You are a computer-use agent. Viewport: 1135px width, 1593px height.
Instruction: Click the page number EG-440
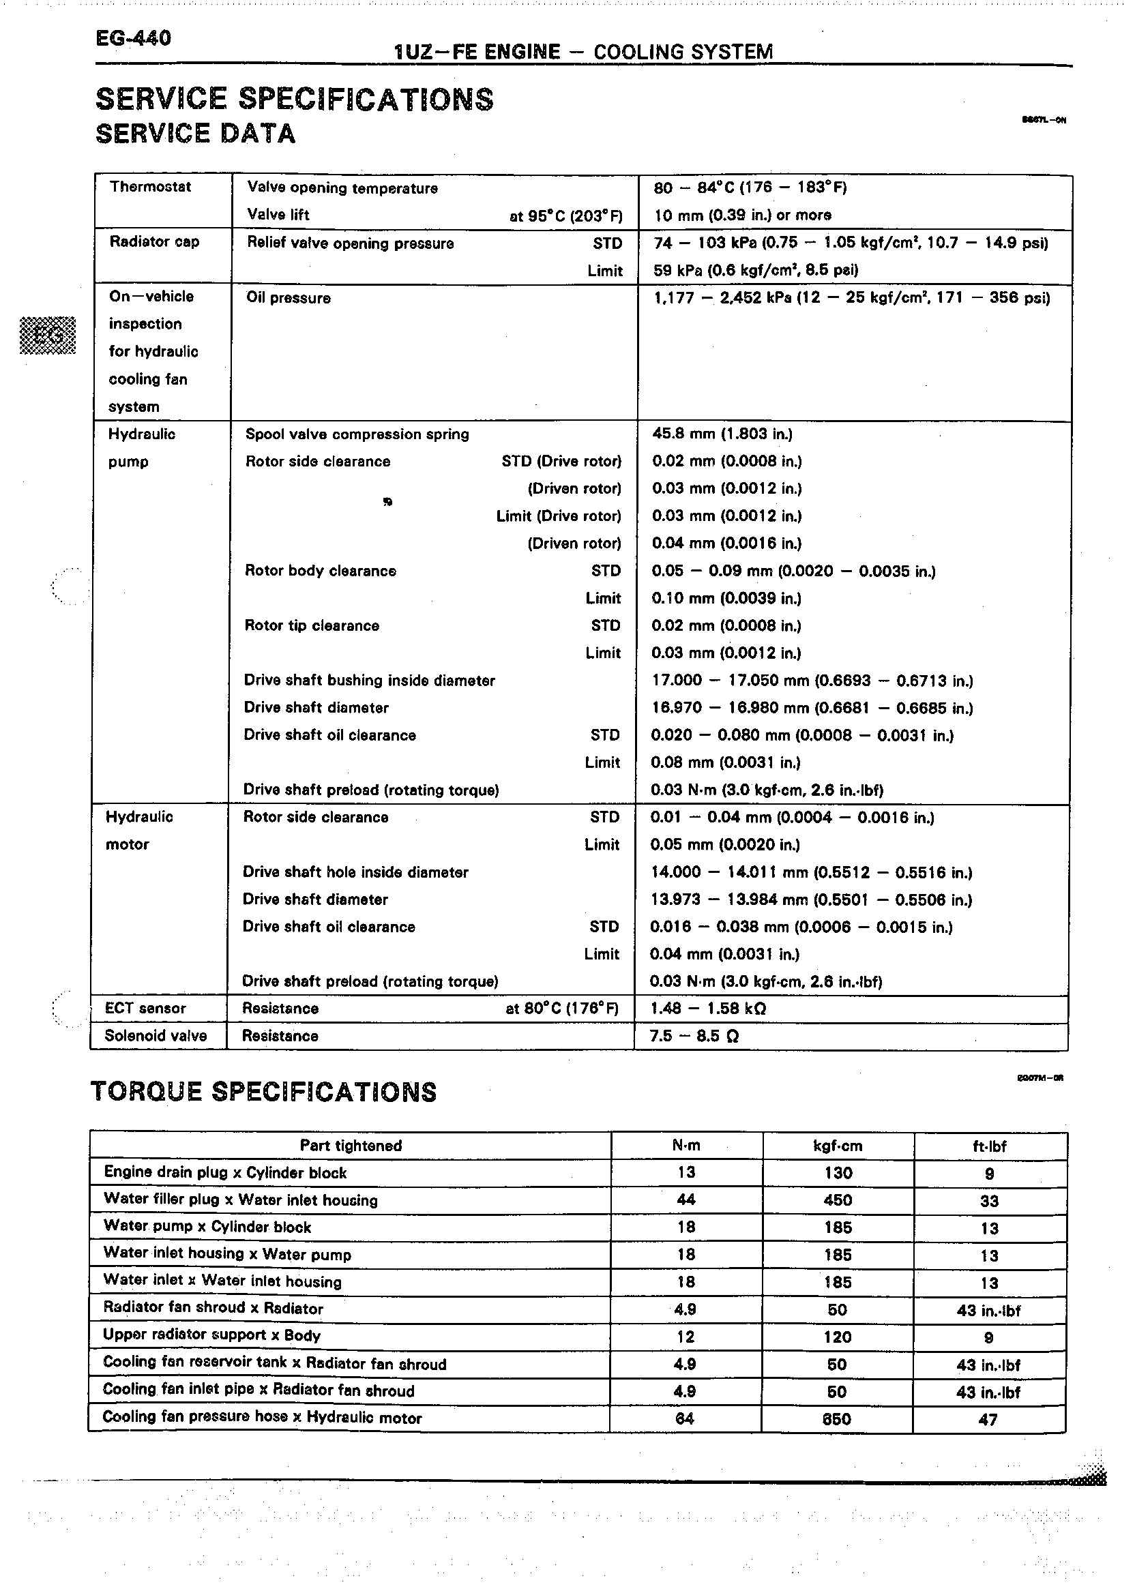click(133, 38)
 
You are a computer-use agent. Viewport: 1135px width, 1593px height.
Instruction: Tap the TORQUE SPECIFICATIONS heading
click(263, 1091)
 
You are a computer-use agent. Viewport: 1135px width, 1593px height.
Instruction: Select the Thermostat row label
click(150, 187)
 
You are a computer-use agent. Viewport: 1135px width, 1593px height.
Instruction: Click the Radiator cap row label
click(154, 241)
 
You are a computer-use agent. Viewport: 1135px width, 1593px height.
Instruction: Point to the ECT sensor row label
click(145, 1008)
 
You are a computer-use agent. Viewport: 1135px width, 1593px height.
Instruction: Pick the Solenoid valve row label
click(155, 1035)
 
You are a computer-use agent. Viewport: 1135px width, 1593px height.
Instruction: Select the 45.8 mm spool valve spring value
click(722, 434)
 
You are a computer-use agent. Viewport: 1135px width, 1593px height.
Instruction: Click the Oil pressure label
click(288, 298)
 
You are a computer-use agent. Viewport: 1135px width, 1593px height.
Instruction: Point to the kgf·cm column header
click(838, 1146)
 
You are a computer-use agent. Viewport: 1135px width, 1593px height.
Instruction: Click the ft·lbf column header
click(989, 1146)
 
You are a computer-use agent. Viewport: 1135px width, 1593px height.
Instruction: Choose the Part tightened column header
click(350, 1145)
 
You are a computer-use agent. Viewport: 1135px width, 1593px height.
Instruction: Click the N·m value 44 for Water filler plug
click(686, 1200)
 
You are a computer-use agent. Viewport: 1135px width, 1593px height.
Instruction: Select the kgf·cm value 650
click(836, 1418)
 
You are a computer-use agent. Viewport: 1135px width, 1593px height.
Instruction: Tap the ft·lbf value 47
click(988, 1419)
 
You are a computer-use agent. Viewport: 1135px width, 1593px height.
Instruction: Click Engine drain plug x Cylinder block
click(225, 1172)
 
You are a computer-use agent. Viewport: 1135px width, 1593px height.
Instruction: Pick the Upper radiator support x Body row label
click(211, 1335)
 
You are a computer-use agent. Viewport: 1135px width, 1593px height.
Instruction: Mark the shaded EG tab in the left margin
click(48, 336)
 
